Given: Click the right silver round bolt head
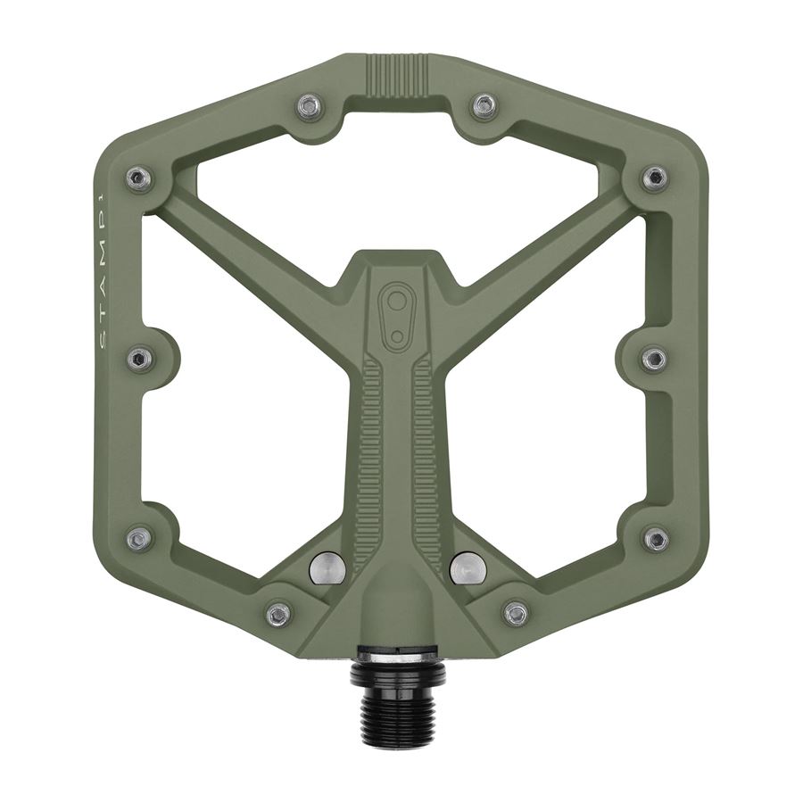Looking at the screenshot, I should point(468,567).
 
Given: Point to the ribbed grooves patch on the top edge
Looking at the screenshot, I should point(398,70).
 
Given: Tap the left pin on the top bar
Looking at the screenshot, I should point(309,107).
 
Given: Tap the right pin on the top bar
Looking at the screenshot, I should point(484,106).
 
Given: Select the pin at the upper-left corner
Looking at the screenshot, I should point(138,178).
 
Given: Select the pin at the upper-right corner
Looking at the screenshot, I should point(655,178).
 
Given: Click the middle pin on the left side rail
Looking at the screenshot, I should point(138,359).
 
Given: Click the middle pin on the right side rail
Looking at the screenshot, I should point(654,359).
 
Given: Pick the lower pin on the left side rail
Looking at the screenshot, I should point(138,539).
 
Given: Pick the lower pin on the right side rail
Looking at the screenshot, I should point(656,539).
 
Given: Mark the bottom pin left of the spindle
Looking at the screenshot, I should point(279,614).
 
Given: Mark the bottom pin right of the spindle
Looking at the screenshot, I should point(516,613).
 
